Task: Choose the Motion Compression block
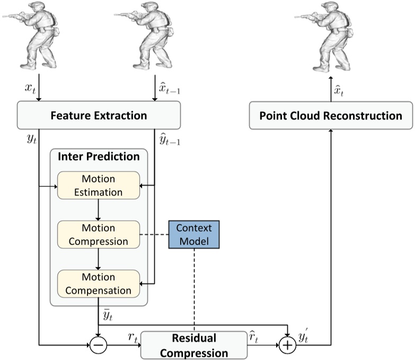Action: (x=98, y=235)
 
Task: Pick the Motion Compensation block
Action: (x=98, y=283)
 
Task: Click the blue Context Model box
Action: (x=193, y=235)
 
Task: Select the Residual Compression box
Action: (x=194, y=345)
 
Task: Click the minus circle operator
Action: (x=99, y=345)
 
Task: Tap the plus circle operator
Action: (x=287, y=345)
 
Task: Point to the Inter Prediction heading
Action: (x=99, y=157)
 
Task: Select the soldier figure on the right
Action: (x=332, y=37)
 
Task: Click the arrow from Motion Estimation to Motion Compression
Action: (x=99, y=210)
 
